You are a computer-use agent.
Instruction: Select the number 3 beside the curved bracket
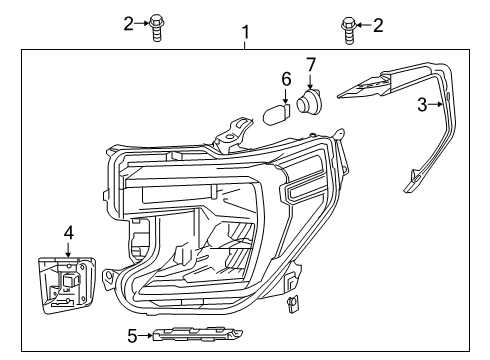pyautogui.click(x=423, y=104)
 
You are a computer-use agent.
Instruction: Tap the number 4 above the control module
pyautogui.click(x=68, y=232)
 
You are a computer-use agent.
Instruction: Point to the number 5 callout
pyautogui.click(x=132, y=336)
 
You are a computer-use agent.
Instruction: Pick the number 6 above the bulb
pyautogui.click(x=286, y=78)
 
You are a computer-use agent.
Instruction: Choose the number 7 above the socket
pyautogui.click(x=311, y=65)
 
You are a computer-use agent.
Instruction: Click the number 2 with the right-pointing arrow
pyautogui.click(x=128, y=22)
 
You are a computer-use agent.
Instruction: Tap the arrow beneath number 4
pyautogui.click(x=68, y=250)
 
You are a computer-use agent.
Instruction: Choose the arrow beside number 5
pyautogui.click(x=148, y=336)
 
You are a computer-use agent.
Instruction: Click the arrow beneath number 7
pyautogui.click(x=311, y=80)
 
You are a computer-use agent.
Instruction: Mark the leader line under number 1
pyautogui.click(x=245, y=45)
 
